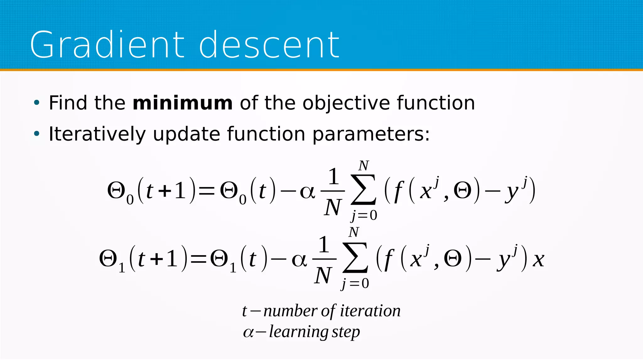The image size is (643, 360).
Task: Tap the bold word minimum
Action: point(182,103)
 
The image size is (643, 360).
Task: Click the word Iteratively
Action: point(97,134)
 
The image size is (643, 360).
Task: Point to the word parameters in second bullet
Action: point(370,134)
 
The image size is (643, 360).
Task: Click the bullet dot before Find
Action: point(37,103)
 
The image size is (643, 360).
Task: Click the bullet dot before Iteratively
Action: point(37,134)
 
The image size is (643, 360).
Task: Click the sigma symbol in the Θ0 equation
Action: point(364,190)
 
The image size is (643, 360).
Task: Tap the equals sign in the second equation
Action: point(198,259)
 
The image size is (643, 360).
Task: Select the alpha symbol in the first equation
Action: point(307,192)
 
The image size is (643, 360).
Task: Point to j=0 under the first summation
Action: point(364,216)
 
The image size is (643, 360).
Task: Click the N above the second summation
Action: point(354,233)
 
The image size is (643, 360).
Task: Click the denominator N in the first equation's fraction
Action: point(332,207)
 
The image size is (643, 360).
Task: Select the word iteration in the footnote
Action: point(370,311)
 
